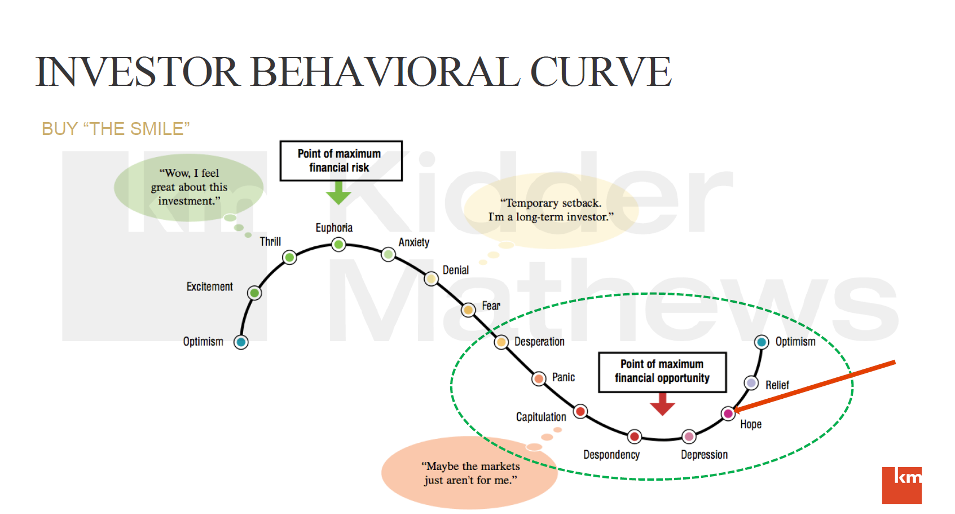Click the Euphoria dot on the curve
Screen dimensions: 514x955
pos(338,244)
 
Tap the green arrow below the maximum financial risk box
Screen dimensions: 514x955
pos(338,193)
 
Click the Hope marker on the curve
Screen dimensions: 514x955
pos(728,413)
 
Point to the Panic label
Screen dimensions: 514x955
pos(563,377)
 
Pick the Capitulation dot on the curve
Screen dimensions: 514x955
pos(580,411)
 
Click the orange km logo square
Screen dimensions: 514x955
pos(901,485)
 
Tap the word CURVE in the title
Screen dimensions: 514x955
pos(600,72)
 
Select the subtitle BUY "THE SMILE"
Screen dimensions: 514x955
pos(116,129)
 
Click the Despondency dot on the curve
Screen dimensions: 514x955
pos(635,436)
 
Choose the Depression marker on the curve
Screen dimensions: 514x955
pos(689,436)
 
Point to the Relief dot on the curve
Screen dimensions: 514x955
pos(751,383)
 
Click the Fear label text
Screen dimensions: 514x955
pos(491,306)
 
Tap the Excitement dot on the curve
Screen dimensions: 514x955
pos(254,293)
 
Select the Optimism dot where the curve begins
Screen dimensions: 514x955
pos(241,342)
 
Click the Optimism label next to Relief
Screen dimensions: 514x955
pos(795,341)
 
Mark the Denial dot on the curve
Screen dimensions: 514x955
pos(431,278)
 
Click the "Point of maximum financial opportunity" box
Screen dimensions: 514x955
pos(662,371)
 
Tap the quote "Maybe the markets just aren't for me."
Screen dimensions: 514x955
pos(470,473)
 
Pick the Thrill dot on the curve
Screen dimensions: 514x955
pos(289,258)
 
